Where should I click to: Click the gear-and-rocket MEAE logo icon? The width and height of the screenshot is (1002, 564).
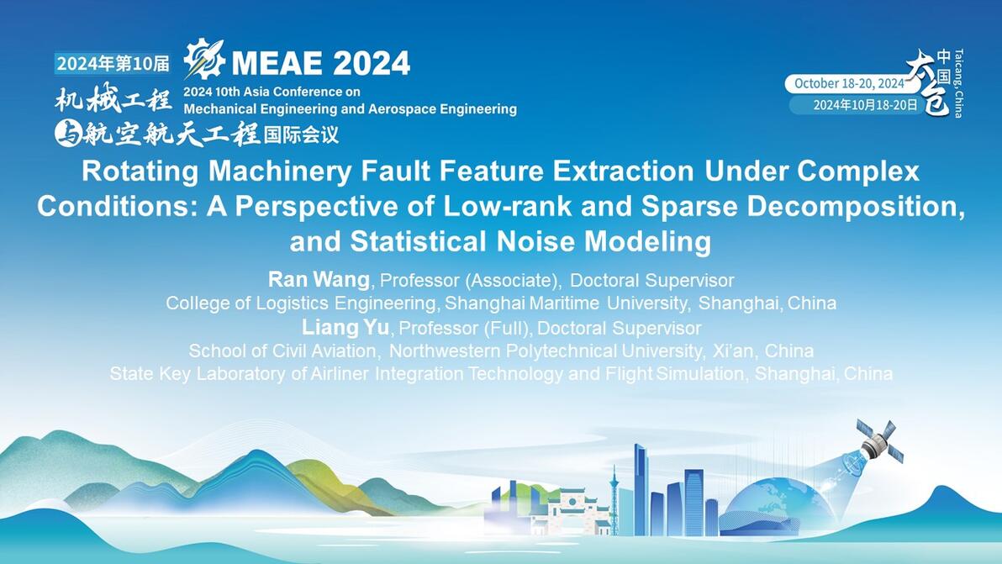click(204, 59)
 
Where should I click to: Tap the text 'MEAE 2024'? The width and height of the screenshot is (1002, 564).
click(320, 62)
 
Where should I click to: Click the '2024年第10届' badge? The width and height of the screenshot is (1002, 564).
click(113, 63)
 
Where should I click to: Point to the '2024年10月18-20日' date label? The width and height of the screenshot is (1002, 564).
click(865, 105)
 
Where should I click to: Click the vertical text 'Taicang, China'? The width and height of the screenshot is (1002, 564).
click(958, 83)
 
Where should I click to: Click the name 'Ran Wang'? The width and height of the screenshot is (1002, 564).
click(319, 279)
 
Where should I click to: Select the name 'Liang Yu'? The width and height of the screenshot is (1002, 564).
click(345, 327)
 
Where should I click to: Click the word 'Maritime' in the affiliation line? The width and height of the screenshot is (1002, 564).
click(564, 303)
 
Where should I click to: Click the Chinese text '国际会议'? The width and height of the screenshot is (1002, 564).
click(301, 134)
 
